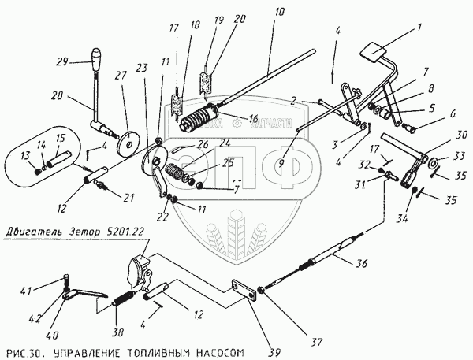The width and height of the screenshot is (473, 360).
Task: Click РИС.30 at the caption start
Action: tap(24, 347)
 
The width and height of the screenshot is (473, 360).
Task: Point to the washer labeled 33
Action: tap(432, 163)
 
